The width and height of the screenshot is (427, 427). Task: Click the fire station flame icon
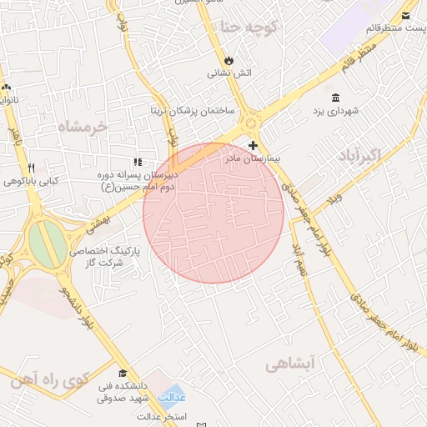[228, 60]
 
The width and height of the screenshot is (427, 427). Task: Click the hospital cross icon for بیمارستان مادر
[253, 145]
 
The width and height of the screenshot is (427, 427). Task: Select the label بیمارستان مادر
[255, 158]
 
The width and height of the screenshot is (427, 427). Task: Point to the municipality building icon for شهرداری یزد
[335, 97]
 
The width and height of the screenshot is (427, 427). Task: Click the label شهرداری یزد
[334, 110]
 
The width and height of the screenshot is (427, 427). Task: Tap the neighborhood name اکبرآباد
[360, 156]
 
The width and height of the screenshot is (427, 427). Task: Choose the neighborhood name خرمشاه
[83, 127]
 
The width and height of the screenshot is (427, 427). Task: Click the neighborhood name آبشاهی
[293, 364]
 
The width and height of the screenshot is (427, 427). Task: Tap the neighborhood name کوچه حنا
[249, 27]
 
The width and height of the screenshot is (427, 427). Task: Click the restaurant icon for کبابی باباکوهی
[31, 167]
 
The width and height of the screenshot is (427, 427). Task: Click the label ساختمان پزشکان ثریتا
[192, 110]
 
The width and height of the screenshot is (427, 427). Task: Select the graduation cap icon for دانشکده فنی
[123, 373]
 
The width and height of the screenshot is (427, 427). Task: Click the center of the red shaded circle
[213, 213]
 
